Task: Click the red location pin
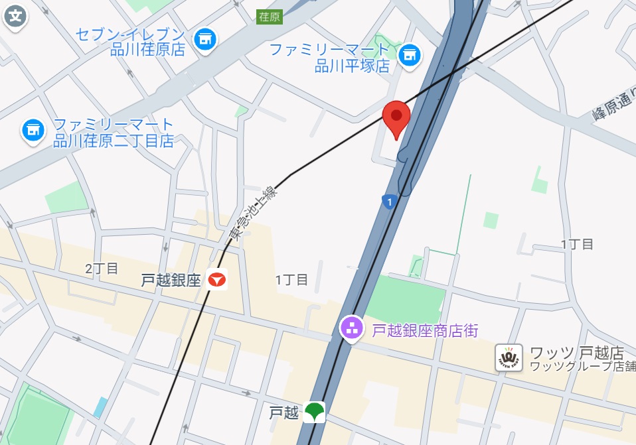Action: [396, 116]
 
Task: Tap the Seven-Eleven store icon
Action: [205, 39]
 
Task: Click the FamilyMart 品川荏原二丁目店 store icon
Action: [33, 129]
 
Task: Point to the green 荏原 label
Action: [270, 17]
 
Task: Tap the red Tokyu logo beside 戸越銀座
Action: [216, 280]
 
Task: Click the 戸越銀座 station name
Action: [171, 281]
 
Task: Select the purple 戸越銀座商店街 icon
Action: [351, 327]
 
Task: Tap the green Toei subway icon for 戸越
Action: [314, 413]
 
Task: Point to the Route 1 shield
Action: [388, 201]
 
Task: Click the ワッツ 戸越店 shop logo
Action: [509, 357]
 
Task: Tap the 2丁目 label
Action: [102, 269]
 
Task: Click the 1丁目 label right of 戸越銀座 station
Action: [291, 280]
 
